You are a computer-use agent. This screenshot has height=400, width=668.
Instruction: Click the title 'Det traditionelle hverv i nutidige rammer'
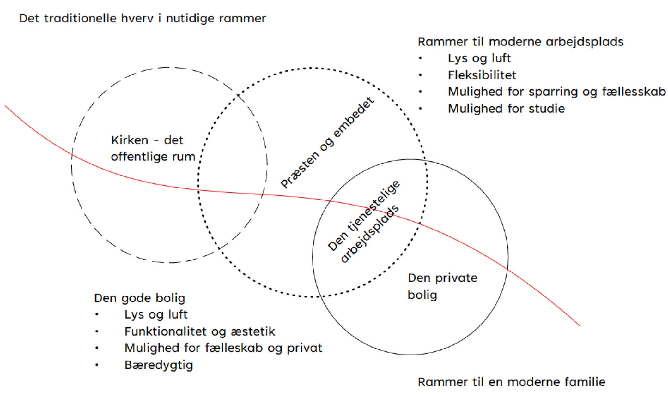tap(142, 18)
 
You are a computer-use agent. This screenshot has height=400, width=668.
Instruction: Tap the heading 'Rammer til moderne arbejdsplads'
tap(520, 42)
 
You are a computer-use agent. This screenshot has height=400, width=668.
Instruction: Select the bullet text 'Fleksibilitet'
tap(482, 75)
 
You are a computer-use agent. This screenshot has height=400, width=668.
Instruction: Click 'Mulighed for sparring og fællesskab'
tap(557, 92)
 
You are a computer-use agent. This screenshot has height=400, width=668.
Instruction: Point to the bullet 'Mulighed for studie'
tap(506, 109)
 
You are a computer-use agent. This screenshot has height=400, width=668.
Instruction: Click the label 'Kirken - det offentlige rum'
tap(153, 148)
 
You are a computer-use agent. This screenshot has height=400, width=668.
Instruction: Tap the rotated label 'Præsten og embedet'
tap(327, 143)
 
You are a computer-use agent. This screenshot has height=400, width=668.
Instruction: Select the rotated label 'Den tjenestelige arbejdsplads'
tap(363, 221)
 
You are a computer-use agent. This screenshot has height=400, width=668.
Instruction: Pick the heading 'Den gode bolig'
tap(139, 298)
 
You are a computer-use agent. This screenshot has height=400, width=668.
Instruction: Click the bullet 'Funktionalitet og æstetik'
tap(200, 331)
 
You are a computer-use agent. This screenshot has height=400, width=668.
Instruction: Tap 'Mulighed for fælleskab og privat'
tap(223, 348)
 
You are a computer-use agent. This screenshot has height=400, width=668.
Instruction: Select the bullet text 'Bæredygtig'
tap(159, 365)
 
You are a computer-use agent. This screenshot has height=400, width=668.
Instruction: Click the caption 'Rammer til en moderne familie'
tap(511, 382)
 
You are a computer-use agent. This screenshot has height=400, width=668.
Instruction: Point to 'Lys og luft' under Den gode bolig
tap(156, 315)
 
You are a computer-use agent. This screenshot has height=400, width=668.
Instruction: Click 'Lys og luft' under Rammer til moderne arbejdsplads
tap(479, 58)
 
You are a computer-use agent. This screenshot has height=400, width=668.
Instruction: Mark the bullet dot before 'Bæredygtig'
tap(97, 365)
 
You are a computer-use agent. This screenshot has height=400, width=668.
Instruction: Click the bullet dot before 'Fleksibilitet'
tap(420, 75)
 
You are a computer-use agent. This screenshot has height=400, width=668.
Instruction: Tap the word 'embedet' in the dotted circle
tap(354, 117)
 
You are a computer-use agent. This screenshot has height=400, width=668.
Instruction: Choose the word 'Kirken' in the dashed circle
tap(130, 140)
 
